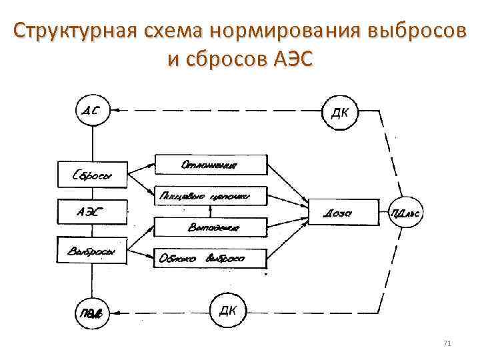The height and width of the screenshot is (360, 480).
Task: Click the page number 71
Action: [x=447, y=343]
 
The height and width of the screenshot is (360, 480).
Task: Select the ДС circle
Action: [x=93, y=111]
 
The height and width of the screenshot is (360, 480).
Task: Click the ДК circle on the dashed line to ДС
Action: [x=339, y=111]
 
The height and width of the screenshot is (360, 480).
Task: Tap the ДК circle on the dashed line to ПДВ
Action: [x=228, y=311]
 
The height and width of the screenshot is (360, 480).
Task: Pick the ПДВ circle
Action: [x=93, y=312]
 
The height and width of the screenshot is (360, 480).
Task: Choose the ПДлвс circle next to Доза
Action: [x=407, y=214]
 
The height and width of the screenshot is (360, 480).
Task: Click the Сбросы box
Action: [x=92, y=176]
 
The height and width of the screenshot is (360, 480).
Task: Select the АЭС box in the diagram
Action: [x=92, y=213]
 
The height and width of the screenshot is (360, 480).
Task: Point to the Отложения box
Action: [x=211, y=165]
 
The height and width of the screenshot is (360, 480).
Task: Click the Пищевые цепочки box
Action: [x=211, y=196]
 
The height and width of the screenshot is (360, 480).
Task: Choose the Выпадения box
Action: [x=211, y=228]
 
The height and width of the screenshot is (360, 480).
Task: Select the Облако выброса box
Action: [x=211, y=259]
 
